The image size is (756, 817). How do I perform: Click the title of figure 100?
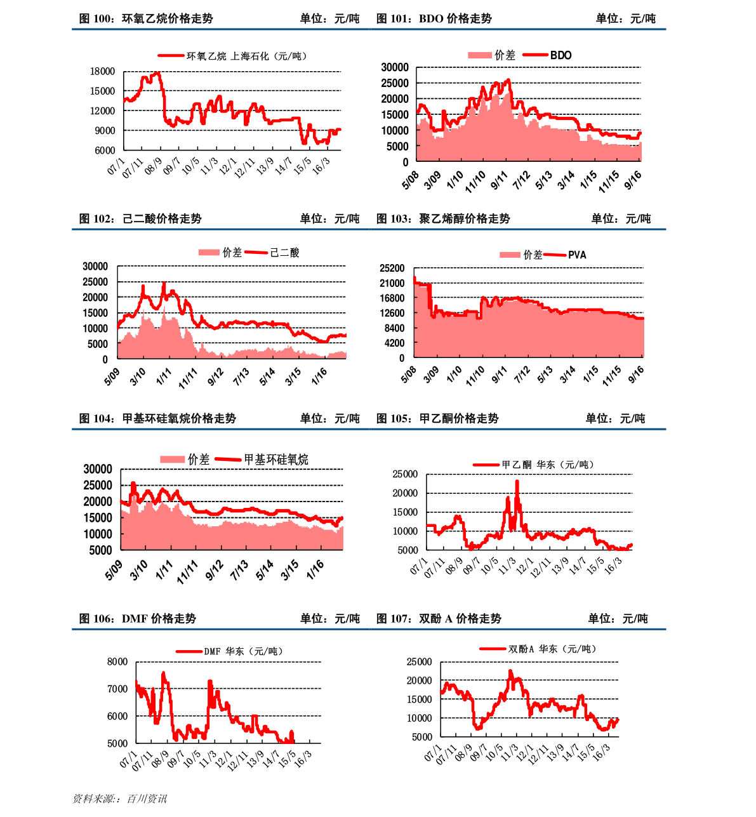coord(146,18)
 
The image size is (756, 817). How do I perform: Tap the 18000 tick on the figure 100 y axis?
coord(102,71)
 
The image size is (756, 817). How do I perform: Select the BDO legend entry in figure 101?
coord(560,55)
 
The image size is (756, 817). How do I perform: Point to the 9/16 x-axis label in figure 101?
coord(633,180)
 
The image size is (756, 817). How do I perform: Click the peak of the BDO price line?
coord(508,80)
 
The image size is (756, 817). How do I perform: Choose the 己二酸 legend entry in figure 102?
coord(284,253)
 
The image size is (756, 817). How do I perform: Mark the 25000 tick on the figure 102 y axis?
coord(95,282)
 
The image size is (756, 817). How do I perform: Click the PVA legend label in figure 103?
coord(577,255)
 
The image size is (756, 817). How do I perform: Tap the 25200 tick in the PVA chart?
coord(392,269)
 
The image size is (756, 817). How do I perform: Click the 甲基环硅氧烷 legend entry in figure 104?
coord(276,460)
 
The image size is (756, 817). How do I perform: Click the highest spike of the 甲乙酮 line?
coord(517,481)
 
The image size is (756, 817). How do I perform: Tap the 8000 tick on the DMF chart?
coord(117,661)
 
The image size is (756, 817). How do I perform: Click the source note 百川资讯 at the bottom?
coord(147,799)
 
